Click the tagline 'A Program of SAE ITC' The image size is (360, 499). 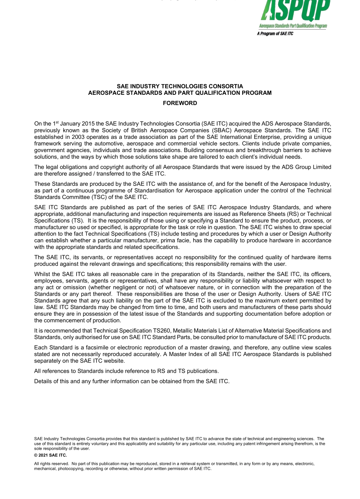[275, 34]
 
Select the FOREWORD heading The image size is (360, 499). [180, 103]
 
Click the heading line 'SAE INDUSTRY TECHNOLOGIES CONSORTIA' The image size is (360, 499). [180, 86]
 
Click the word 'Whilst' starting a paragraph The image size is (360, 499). [42, 274]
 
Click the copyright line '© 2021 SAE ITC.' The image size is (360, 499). [50, 455]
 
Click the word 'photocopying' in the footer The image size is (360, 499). [70, 469]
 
